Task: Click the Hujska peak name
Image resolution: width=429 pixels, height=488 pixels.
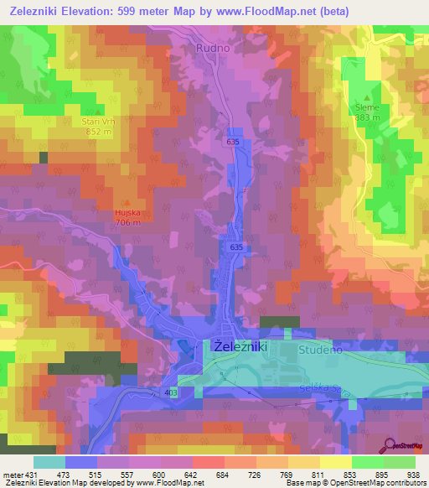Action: [127, 213]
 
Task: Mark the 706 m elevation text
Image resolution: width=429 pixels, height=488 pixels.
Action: [127, 222]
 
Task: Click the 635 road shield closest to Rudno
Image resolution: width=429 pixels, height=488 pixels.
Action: [232, 143]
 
